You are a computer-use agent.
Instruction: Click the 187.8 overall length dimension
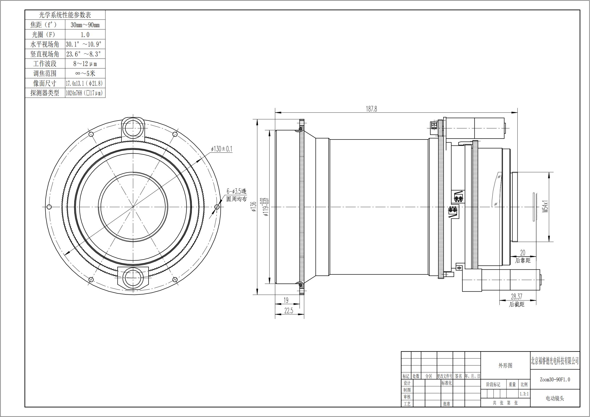tap(371, 109)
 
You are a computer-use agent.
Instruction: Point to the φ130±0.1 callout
tap(221, 149)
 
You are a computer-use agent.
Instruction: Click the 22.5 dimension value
tap(289, 311)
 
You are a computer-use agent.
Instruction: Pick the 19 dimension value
tap(286, 300)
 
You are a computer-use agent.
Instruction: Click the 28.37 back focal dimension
tap(517, 296)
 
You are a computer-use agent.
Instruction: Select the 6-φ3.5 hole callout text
tap(236, 191)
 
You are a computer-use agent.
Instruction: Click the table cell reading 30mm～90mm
tap(85, 25)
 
